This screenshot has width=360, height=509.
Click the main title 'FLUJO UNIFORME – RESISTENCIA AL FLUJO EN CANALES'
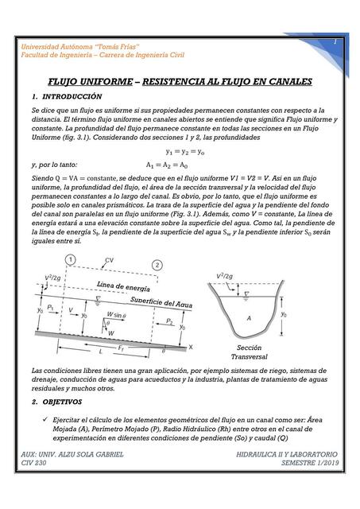coord(180,82)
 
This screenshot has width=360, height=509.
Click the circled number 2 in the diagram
coord(157,264)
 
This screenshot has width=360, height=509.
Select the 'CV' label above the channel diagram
coord(109,259)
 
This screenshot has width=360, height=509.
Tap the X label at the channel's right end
coord(190,347)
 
